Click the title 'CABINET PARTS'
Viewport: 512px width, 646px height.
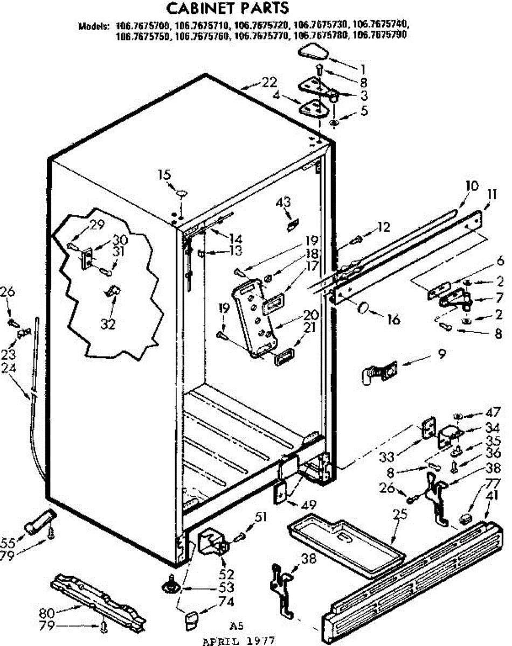click(x=227, y=9)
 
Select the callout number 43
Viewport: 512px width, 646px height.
click(x=283, y=202)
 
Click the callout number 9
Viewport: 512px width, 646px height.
click(x=441, y=354)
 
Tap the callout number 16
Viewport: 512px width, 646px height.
click(x=393, y=319)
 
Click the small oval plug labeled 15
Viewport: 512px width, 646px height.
click(x=181, y=192)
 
